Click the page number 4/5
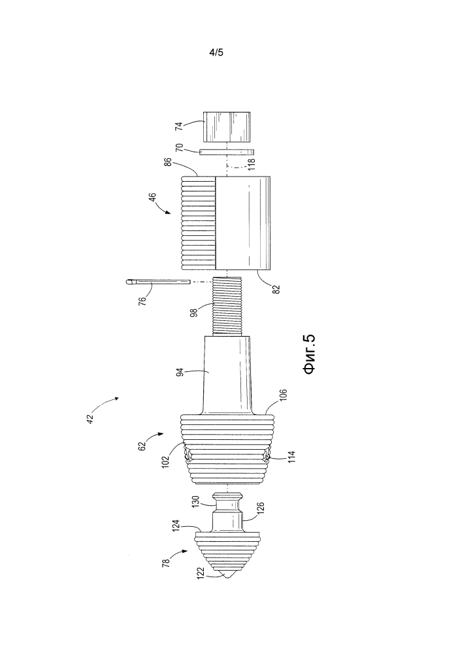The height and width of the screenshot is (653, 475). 216,52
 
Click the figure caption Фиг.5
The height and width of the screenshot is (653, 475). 310,354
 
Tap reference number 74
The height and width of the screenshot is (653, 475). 179,126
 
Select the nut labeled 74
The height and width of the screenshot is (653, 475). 227,126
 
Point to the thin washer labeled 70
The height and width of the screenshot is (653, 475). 227,152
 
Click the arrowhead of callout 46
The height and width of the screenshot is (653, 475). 168,212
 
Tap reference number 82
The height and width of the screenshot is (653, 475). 276,288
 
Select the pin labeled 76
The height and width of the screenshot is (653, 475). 157,282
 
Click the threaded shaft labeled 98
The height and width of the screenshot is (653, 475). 227,306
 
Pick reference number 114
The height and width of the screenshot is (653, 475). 291,458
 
